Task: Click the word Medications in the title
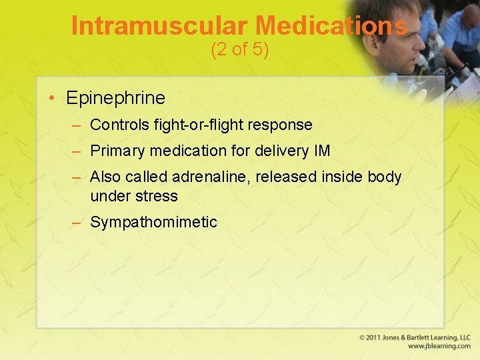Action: [x=331, y=26]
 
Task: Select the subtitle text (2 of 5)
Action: [x=239, y=50]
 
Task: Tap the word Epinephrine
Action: [x=115, y=98]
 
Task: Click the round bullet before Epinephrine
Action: [x=52, y=98]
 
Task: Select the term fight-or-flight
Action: [x=207, y=125]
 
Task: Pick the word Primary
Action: [x=117, y=151]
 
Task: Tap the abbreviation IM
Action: [x=321, y=151]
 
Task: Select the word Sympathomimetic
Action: [x=153, y=223]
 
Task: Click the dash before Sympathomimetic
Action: [x=77, y=223]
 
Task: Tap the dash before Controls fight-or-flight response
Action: [x=77, y=125]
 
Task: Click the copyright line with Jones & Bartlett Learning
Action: [x=415, y=338]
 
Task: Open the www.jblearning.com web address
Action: [x=439, y=347]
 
